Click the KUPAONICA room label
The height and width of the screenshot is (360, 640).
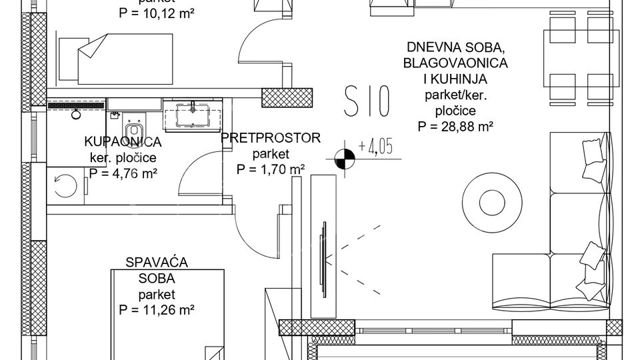123,142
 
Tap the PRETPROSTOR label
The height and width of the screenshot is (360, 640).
270,138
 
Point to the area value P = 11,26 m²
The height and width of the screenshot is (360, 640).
157,309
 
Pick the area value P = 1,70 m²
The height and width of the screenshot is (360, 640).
270,169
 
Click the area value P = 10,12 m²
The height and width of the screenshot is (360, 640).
157,12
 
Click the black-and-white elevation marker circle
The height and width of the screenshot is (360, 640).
345,159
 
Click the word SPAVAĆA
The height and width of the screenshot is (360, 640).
157,262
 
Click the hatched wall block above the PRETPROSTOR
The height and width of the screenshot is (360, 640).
287,97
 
